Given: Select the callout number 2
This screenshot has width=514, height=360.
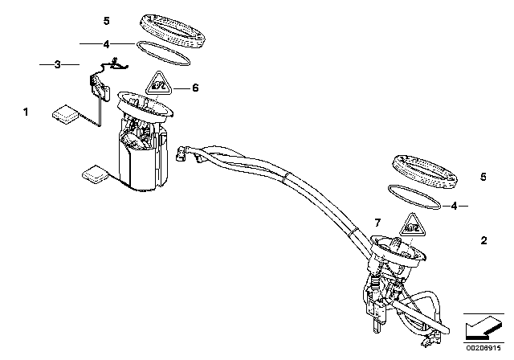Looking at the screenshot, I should (x=483, y=240).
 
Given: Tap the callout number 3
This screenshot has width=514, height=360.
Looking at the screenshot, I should (x=57, y=64).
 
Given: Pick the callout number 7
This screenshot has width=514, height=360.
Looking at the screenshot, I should (x=375, y=221).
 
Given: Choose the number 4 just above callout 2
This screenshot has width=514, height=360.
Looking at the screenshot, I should (x=455, y=206).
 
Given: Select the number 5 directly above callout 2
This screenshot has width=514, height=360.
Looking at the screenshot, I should (x=483, y=175).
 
